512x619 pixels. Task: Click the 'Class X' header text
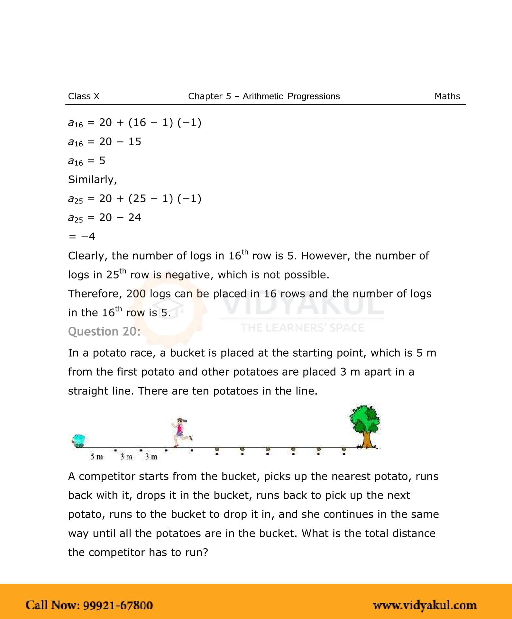click(84, 96)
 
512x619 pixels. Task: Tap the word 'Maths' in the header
click(447, 96)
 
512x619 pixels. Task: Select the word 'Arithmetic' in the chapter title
click(263, 96)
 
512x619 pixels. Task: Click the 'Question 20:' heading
click(104, 332)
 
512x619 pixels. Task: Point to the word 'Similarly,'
click(92, 179)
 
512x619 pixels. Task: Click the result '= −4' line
click(82, 237)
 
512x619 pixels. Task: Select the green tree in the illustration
click(365, 425)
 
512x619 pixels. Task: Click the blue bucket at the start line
click(78, 440)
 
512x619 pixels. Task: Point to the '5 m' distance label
click(96, 457)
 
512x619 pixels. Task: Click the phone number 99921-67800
click(118, 605)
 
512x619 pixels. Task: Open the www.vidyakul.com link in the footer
click(425, 605)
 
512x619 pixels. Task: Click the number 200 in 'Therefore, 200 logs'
click(136, 294)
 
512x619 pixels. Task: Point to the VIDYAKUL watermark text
click(302, 304)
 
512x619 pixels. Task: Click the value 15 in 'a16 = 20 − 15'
click(134, 141)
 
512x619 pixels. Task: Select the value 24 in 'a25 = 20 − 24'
click(134, 218)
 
